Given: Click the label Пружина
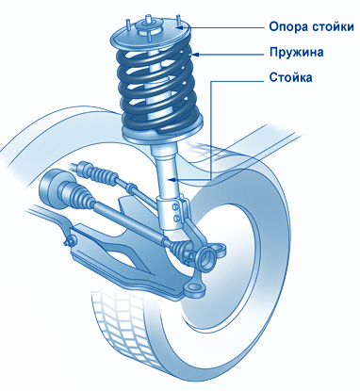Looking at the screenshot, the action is [296, 52].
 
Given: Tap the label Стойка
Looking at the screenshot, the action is [290, 77].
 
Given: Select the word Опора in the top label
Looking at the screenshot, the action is [287, 27].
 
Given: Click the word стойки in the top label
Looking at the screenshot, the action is [333, 26].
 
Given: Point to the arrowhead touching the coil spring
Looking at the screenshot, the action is [195, 55].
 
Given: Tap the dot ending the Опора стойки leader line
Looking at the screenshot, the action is [179, 27].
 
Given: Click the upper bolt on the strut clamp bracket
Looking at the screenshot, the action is [175, 206].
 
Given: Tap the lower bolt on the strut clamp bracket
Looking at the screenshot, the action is [176, 218].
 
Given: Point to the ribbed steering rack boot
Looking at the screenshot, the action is [100, 172].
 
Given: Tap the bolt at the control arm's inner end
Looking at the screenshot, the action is [69, 242].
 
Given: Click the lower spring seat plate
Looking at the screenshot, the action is [162, 135].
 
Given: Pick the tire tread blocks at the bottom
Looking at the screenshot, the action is [125, 327].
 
